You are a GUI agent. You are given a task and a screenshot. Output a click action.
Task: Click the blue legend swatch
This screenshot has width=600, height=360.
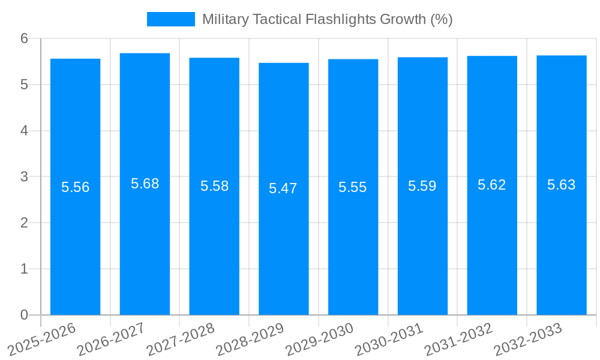[x=170, y=19]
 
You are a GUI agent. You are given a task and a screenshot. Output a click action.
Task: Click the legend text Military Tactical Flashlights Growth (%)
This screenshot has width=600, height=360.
[x=327, y=19]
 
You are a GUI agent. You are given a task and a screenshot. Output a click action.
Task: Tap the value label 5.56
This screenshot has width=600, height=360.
[x=75, y=187]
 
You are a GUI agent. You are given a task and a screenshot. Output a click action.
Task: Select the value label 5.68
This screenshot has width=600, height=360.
[x=145, y=184]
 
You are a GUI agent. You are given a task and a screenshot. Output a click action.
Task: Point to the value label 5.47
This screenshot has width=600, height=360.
[x=283, y=188]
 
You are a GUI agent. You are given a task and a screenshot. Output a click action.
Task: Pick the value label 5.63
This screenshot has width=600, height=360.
[x=561, y=185]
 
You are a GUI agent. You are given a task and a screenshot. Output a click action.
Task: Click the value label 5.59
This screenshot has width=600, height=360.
[x=422, y=186]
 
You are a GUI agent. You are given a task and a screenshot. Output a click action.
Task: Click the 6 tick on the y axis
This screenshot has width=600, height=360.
[x=24, y=38]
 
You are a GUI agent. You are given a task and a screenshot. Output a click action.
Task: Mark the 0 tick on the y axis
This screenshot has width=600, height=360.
[x=24, y=315]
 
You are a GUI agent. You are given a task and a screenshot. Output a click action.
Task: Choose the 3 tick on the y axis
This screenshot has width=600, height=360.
[x=24, y=177]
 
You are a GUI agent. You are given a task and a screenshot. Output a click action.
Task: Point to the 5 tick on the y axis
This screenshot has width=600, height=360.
[x=24, y=85]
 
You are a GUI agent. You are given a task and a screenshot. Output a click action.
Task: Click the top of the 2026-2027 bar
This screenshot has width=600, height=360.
[x=145, y=53]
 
